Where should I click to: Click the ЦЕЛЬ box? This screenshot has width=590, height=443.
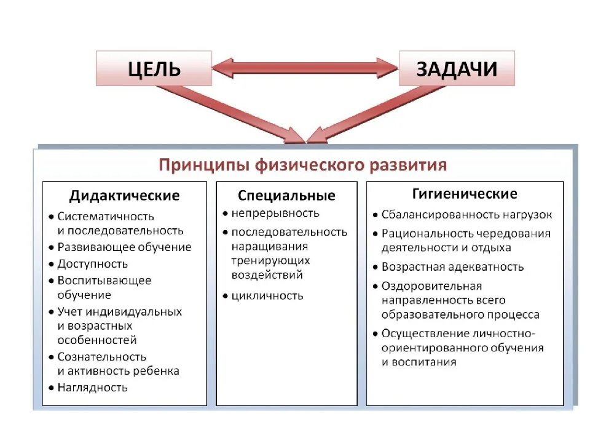point(153,68)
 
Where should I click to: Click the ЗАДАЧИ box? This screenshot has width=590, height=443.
point(457,68)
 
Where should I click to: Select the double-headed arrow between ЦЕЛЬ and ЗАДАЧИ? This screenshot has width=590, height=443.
point(305,68)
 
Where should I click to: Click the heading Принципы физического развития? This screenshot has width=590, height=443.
point(303,165)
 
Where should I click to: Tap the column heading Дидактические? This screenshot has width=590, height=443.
point(124,196)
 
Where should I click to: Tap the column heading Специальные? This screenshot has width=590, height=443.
point(286,196)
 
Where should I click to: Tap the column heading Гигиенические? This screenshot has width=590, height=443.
point(465,194)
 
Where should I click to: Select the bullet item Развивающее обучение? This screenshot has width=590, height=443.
point(124,247)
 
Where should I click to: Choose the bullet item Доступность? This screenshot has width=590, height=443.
point(93,264)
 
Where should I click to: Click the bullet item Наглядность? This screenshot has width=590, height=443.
point(92,388)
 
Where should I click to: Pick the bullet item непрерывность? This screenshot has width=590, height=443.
point(275,214)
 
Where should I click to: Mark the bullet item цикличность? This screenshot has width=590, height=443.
point(267,295)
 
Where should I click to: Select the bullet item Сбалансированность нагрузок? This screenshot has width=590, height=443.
point(466,215)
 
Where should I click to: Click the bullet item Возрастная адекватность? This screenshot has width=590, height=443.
point(452,267)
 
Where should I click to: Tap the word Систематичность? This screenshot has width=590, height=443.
point(106,217)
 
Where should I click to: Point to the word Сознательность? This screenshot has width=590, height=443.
point(102,357)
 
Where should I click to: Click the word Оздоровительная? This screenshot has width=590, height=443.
point(431,286)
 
